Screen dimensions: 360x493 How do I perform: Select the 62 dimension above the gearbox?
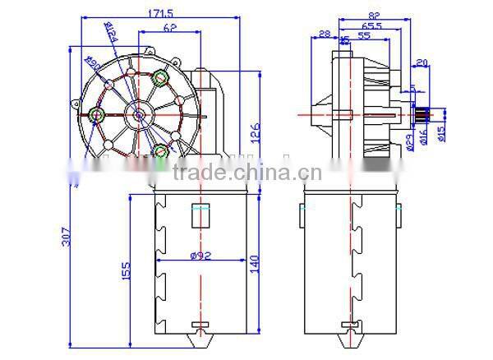tap(169, 27)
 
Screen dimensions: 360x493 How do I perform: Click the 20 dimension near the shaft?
tap(422, 62)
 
